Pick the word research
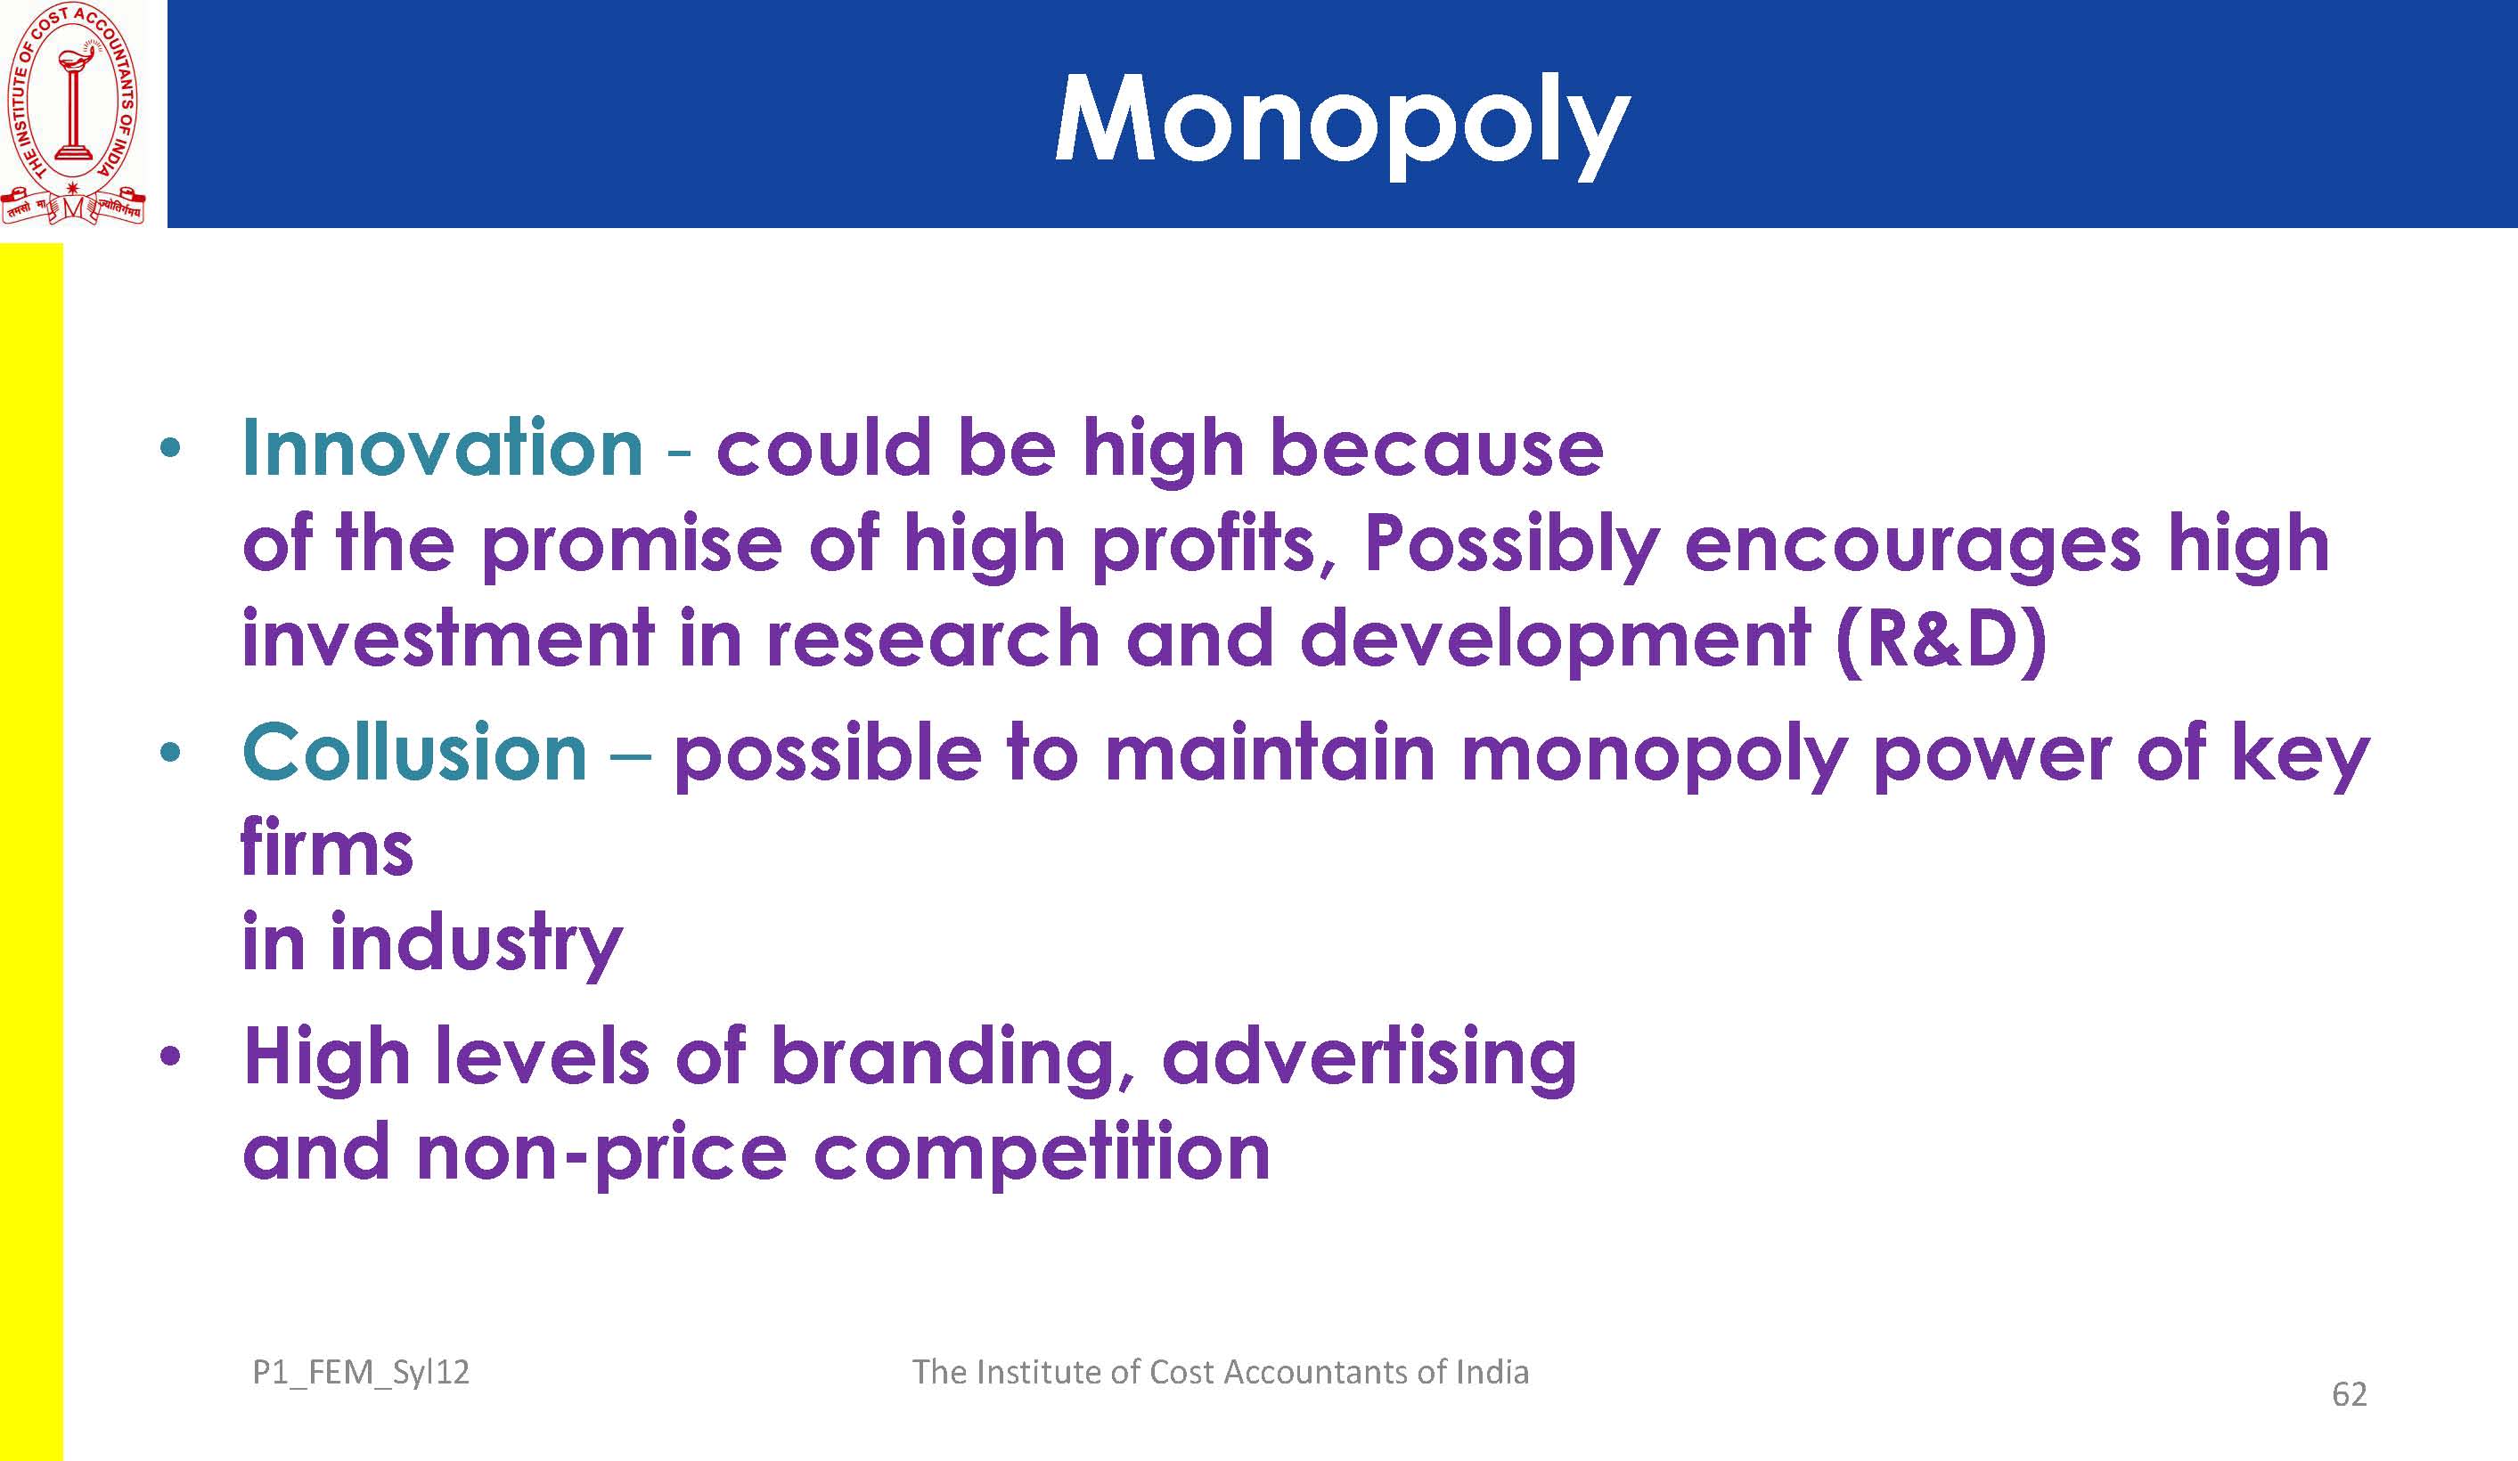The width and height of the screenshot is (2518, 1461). click(x=933, y=640)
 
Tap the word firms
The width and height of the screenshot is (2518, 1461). click(x=327, y=846)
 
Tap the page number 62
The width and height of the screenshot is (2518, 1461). click(x=2349, y=1394)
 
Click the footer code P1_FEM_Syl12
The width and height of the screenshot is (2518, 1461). click(x=361, y=1373)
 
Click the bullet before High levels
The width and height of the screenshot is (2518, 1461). click(x=171, y=1057)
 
